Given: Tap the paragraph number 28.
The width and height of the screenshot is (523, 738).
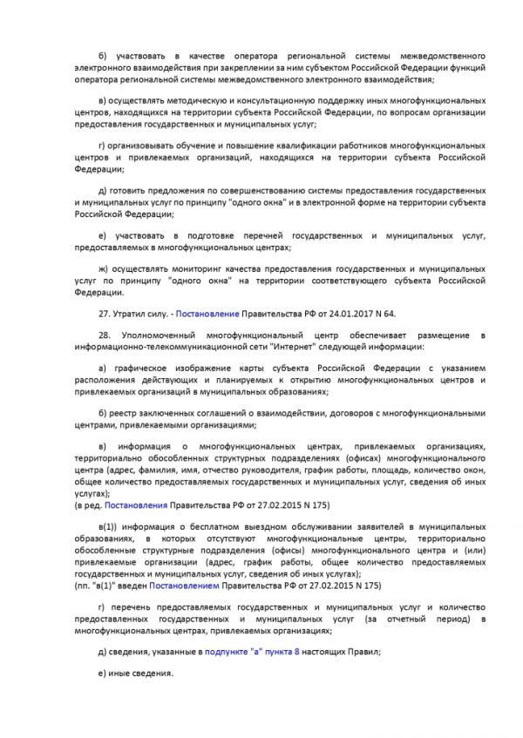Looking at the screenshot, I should pos(106,335).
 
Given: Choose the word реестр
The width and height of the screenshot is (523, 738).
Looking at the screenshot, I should pos(128,412).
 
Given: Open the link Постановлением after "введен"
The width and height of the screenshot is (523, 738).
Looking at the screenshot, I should pos(180,586).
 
